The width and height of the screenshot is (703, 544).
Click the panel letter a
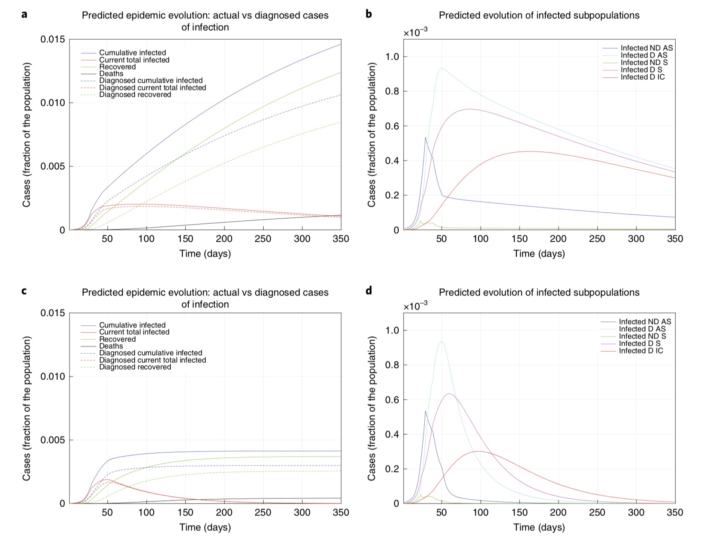click(x=24, y=14)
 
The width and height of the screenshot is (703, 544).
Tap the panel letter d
click(x=369, y=291)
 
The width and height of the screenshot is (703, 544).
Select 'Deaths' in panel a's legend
click(x=111, y=74)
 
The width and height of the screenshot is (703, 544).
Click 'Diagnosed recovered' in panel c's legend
click(x=135, y=367)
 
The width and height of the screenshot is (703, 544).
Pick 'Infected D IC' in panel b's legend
click(x=642, y=77)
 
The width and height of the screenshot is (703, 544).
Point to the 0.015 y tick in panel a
click(x=53, y=40)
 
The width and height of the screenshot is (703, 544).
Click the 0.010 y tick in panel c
click(x=53, y=376)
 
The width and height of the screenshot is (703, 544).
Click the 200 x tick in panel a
click(x=224, y=239)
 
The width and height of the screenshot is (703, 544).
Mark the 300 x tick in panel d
click(x=636, y=512)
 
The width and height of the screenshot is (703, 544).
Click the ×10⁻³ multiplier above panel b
click(x=416, y=33)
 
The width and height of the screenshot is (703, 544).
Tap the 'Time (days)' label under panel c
click(x=205, y=527)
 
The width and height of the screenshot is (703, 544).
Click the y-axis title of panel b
click(x=372, y=135)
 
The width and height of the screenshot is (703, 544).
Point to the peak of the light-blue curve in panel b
click(x=441, y=68)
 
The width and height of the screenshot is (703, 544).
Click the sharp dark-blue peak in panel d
click(x=425, y=411)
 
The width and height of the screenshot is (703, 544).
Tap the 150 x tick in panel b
click(x=519, y=239)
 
